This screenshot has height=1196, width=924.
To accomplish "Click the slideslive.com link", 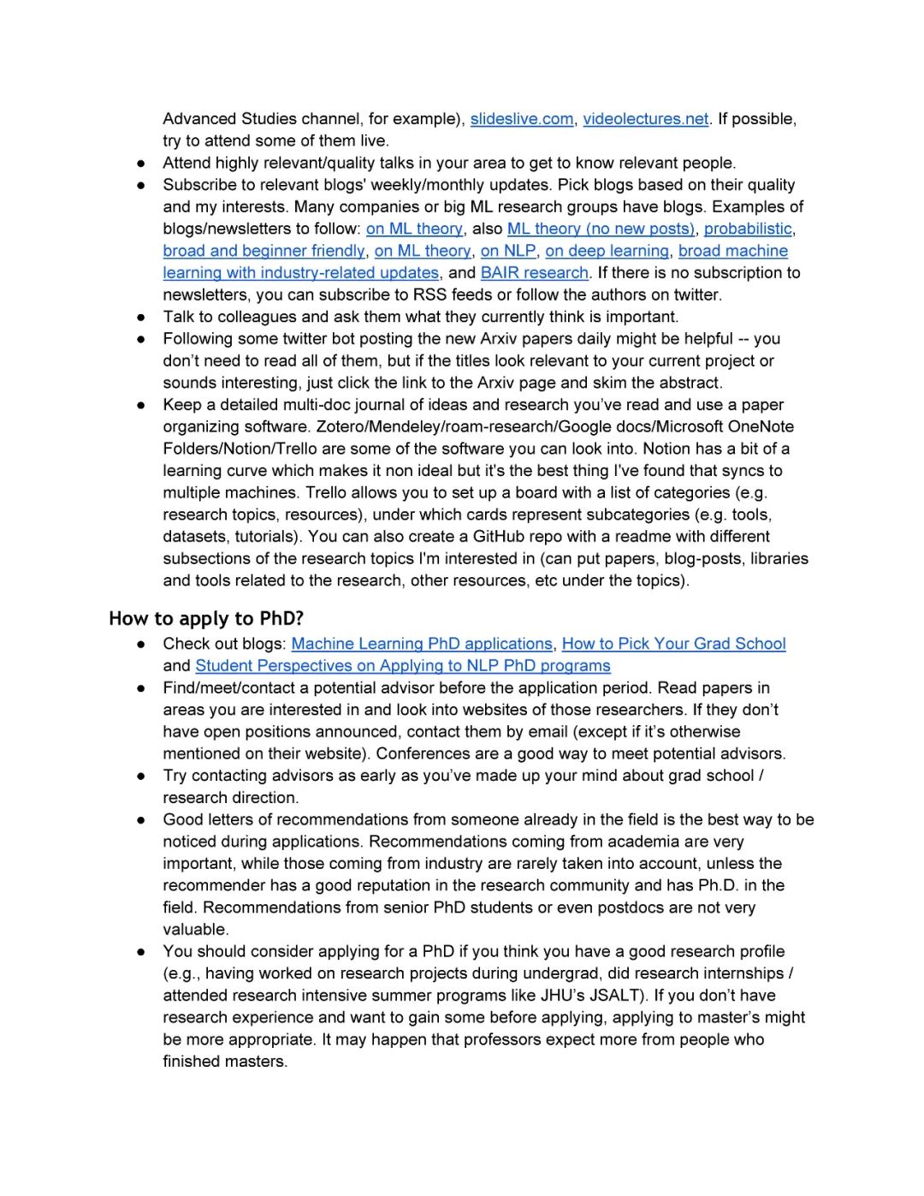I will tap(522, 119).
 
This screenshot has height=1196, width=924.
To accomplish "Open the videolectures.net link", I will tap(646, 119).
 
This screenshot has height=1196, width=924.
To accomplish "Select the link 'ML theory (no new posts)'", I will tap(601, 229).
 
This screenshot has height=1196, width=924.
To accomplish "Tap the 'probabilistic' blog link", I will tap(748, 229).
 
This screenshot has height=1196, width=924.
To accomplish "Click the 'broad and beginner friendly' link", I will tap(264, 251).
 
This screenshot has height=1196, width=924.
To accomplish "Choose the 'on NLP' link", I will tap(508, 251).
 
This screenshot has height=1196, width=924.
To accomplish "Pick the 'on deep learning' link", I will tap(607, 251).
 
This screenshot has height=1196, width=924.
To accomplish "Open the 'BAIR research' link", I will tap(535, 273).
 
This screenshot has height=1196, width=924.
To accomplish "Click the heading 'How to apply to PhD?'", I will tap(206, 619).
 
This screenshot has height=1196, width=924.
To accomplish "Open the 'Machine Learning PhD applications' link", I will tap(422, 644).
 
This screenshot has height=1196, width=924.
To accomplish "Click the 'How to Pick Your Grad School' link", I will tap(673, 644).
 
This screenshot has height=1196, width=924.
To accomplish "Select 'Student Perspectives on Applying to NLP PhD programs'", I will tap(403, 666).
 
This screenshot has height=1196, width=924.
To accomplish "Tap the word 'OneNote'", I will tap(761, 426).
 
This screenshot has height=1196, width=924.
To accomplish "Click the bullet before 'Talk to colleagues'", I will tap(141, 318).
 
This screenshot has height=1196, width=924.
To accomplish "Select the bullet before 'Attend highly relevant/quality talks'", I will tap(141, 164).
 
